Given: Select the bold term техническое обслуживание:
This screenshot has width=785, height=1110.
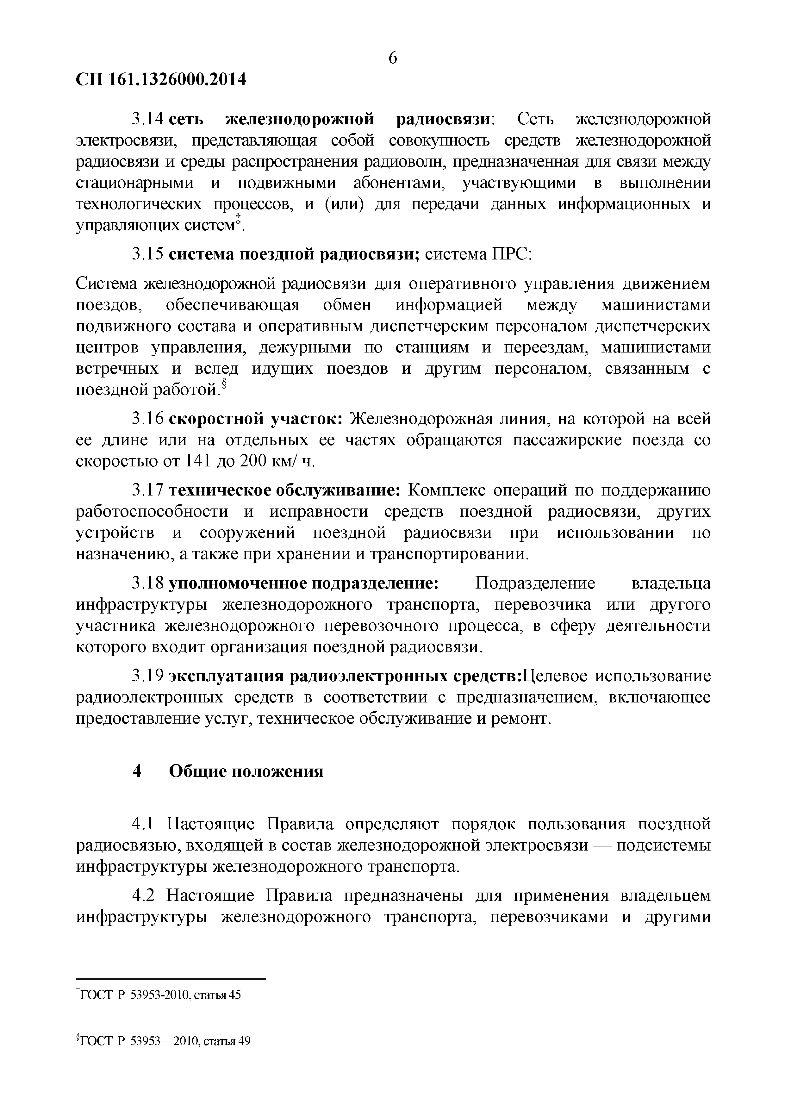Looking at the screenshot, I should (285, 491).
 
